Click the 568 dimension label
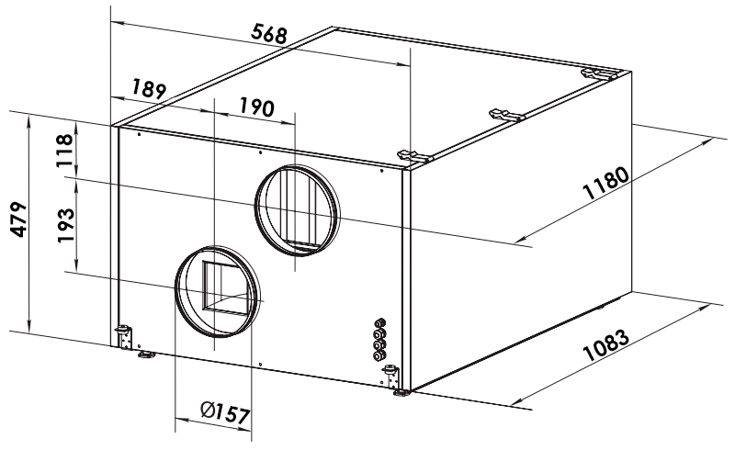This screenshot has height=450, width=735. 268,35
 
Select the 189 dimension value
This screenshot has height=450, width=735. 149,88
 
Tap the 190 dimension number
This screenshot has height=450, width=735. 256,107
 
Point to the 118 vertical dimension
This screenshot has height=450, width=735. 64,151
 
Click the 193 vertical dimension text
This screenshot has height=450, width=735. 66,225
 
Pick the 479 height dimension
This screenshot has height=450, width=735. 18,219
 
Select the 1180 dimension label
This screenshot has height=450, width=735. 605,184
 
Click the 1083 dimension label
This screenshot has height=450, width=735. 605,345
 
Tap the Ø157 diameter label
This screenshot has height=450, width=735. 225,413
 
